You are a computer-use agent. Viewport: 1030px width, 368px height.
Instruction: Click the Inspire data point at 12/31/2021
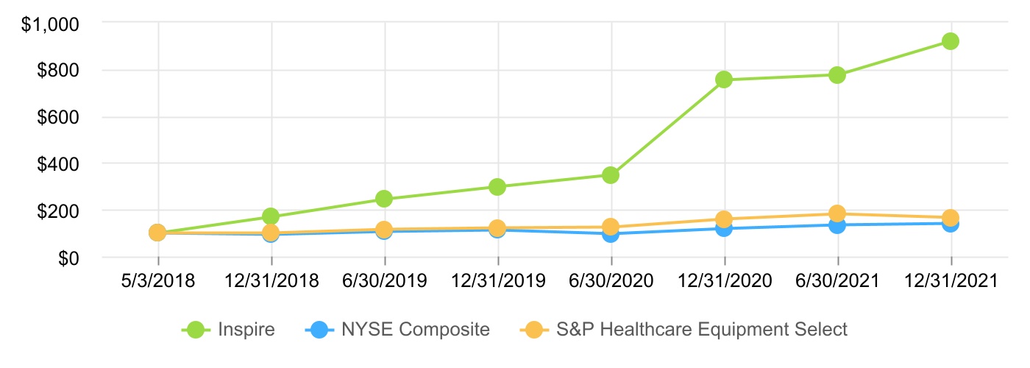point(951,41)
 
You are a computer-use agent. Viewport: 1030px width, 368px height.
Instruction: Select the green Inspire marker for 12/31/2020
point(724,79)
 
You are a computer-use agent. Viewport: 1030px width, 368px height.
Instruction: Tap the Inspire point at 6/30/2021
point(837,75)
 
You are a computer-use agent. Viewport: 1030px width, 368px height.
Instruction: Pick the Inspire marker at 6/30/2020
point(611,175)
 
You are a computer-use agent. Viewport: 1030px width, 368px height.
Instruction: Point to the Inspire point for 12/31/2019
point(497,187)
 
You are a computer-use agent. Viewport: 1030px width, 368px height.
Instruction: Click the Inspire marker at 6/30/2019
point(384,199)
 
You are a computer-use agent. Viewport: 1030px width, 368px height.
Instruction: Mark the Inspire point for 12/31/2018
point(271,216)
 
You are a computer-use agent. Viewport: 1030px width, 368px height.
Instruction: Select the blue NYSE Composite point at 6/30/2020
point(611,234)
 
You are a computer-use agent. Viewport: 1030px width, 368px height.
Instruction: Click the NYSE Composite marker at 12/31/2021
point(951,224)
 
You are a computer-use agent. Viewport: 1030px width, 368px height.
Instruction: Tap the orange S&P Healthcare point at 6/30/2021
point(837,213)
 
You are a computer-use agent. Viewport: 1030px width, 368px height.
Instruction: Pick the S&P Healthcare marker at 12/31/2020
point(724,219)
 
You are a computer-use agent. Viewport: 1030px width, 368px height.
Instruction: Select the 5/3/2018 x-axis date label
point(157,281)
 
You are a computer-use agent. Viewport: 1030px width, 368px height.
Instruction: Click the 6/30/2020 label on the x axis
point(611,281)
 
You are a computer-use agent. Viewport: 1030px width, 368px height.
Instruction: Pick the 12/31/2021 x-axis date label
point(951,281)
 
